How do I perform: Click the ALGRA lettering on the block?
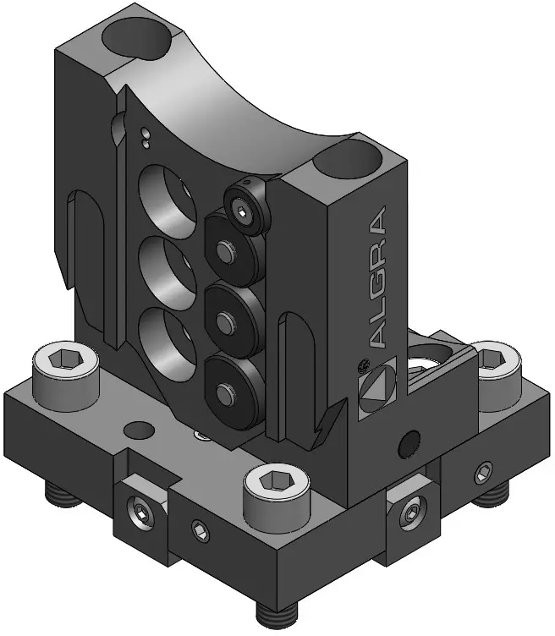click(378, 277)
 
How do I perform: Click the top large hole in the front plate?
click(168, 201)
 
